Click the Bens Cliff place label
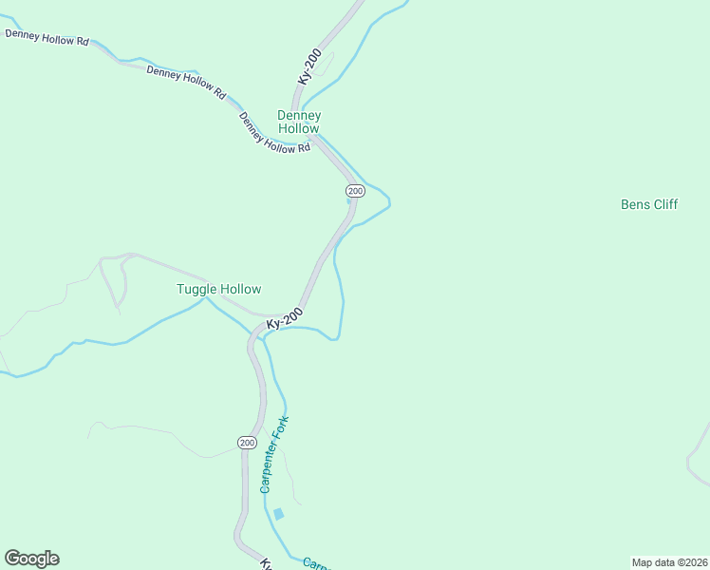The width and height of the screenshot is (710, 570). tap(649, 204)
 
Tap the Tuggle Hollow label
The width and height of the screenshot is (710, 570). tap(218, 289)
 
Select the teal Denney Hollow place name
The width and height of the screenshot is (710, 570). tap(298, 122)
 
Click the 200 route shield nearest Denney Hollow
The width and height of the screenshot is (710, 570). tap(355, 191)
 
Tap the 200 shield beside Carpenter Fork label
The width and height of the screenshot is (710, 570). tap(247, 443)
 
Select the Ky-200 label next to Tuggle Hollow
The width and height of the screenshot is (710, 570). tap(285, 318)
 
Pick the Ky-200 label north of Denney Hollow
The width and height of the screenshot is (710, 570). tap(318, 67)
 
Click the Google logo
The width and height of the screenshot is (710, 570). tap(32, 559)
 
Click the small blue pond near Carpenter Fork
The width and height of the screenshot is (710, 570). tap(278, 514)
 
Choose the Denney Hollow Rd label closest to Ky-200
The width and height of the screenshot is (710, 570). tap(275, 133)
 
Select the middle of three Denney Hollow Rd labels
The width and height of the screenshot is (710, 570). tap(186, 83)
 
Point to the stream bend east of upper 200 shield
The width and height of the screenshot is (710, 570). tap(387, 200)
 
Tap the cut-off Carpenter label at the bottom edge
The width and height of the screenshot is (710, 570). tap(315, 563)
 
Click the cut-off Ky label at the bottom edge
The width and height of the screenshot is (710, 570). tap(266, 563)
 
